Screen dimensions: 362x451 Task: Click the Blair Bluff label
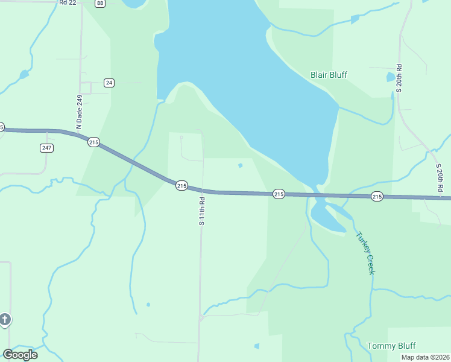click(329, 75)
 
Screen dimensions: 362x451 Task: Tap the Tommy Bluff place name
click(391, 346)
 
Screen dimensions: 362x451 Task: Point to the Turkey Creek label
click(365, 253)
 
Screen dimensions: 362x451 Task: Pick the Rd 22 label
click(68, 3)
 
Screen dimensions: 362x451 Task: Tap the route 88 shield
click(100, 3)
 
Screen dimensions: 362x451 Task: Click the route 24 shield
click(109, 83)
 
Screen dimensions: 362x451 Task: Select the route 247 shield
click(46, 148)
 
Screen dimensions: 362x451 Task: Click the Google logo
click(20, 355)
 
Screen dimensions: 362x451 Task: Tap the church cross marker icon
click(5, 319)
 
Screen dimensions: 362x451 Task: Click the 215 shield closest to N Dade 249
click(93, 142)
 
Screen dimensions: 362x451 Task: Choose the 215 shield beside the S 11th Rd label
click(181, 185)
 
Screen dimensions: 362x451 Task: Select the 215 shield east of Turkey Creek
click(377, 196)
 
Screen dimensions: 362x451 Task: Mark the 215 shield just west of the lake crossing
click(278, 194)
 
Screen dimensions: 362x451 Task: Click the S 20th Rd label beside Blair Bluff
click(399, 78)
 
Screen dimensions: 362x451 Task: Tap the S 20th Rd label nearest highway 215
click(440, 178)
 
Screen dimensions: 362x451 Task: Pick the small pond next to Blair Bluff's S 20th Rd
click(391, 77)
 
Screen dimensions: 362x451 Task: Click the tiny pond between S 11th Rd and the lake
click(241, 165)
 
